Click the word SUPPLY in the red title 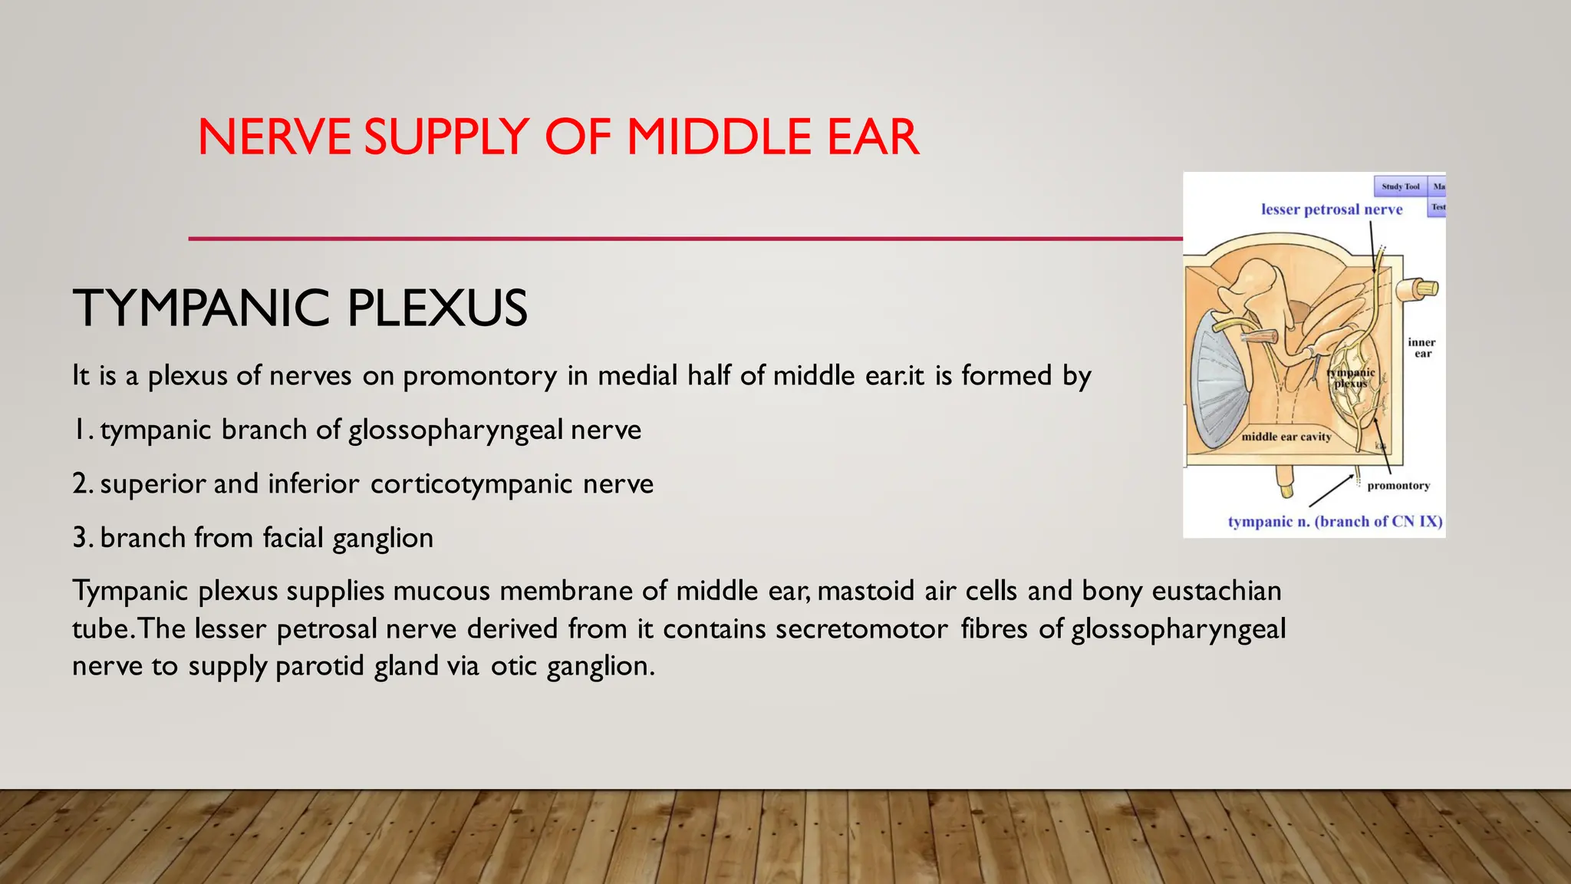pos(446,138)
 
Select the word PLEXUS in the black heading pos(437,308)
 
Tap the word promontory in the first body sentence pos(479,376)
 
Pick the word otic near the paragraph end pos(513,666)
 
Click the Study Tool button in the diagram pos(1400,186)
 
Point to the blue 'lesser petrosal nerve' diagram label pos(1332,209)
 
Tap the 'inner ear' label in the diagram pos(1421,348)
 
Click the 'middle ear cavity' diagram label pos(1286,437)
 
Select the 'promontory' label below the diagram pos(1398,486)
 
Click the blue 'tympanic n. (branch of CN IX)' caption pos(1335,522)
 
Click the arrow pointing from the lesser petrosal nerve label pos(1372,246)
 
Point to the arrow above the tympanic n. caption pos(1332,490)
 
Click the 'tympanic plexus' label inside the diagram pos(1351,378)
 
